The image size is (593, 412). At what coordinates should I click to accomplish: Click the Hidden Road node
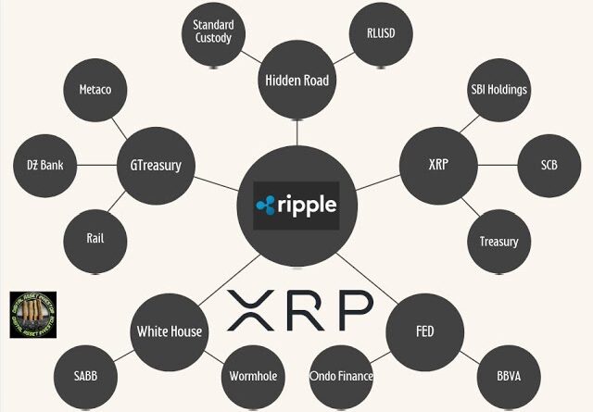click(296, 81)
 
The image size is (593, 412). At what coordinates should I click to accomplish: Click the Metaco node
click(95, 91)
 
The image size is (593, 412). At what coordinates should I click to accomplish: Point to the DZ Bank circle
click(44, 167)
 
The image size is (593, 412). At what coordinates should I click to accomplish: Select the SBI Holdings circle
click(498, 90)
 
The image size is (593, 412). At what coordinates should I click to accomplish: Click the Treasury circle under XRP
click(498, 242)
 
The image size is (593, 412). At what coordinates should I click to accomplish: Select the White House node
click(169, 331)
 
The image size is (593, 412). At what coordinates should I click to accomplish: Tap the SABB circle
click(85, 376)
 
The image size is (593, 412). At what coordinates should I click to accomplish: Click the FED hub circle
click(424, 331)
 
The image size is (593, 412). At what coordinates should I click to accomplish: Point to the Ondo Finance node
click(342, 376)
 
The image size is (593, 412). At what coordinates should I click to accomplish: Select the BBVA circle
click(507, 376)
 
